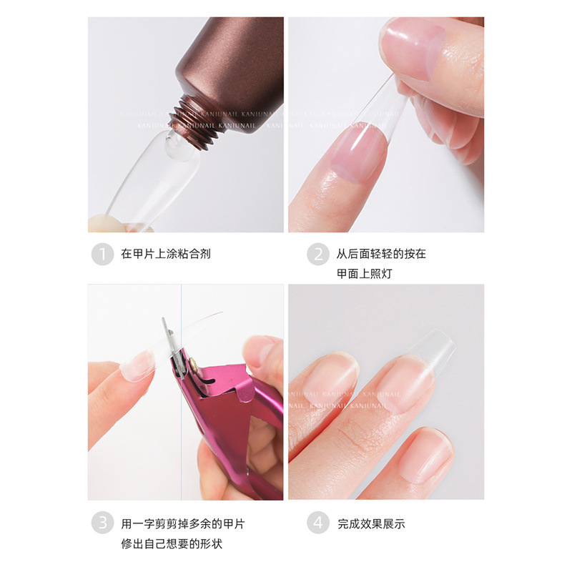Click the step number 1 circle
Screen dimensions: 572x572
click(102, 254)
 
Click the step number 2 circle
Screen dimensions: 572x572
click(318, 254)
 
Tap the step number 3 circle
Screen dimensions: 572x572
click(102, 523)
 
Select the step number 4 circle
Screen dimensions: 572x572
click(318, 523)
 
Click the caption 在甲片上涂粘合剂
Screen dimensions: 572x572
click(165, 254)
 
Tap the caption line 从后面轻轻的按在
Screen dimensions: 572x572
click(381, 254)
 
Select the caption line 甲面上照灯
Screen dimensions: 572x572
click(364, 274)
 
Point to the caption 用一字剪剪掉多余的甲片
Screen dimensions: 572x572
click(182, 523)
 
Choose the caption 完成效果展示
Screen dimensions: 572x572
click(371, 523)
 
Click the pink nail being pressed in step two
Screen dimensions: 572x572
click(357, 154)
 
